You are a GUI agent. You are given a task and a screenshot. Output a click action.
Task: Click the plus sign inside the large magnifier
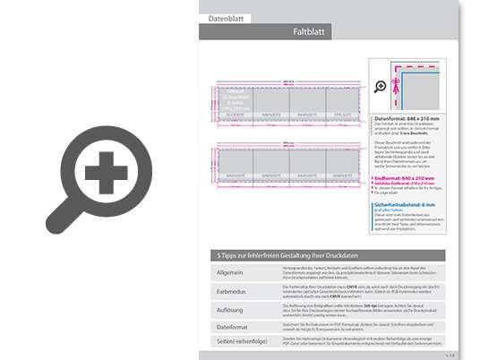tap(106, 168)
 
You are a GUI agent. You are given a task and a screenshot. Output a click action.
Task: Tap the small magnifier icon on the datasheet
tap(381, 86)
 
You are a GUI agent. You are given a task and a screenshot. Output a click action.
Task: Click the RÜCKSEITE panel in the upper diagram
tap(235, 115)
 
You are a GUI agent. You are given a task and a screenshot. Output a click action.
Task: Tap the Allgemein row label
tap(232, 270)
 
